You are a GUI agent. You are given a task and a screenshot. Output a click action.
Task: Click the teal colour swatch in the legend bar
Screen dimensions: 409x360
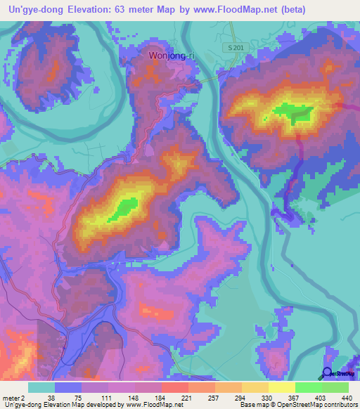[x=41, y=388]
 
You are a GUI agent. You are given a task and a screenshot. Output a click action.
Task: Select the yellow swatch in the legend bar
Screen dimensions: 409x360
[x=281, y=388]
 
